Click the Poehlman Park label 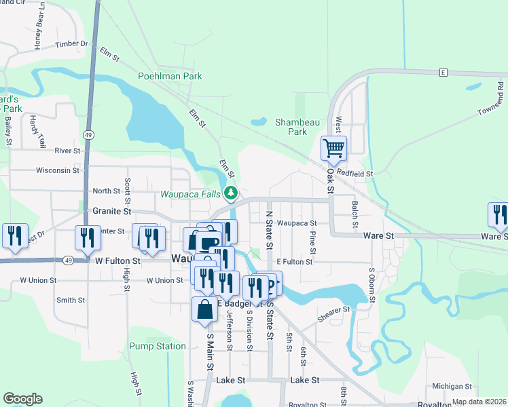tap(170, 77)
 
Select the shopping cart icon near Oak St tap(333, 148)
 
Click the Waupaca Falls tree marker tap(231, 194)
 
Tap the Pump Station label tap(158, 346)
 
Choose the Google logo tap(22, 399)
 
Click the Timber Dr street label tap(71, 44)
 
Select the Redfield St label tap(360, 174)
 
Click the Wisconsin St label tap(58, 170)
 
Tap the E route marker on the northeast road tap(442, 72)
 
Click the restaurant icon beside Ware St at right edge tap(498, 215)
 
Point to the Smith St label tap(71, 300)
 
